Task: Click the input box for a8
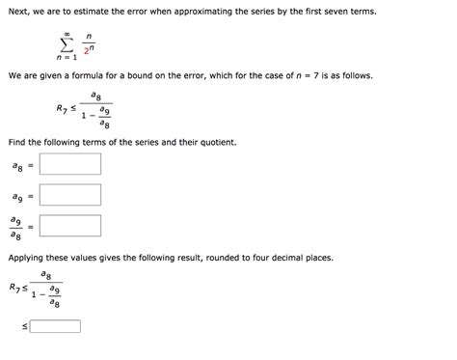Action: (70, 164)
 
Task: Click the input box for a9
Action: (70, 196)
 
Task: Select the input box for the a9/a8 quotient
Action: (70, 227)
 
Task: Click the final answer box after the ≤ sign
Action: (55, 326)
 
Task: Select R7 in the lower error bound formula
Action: (13, 288)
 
